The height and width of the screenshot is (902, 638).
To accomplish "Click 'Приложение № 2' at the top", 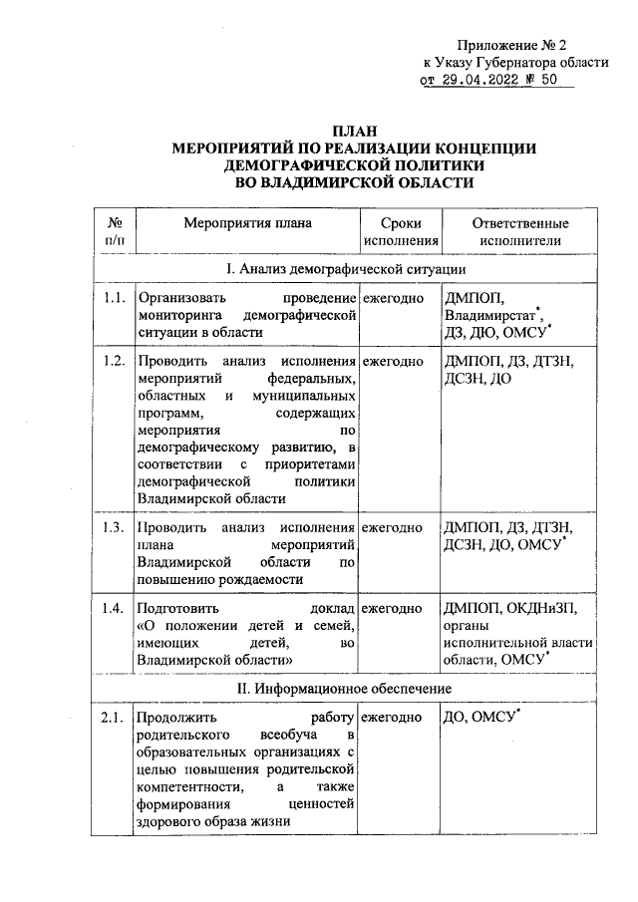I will point(511,45).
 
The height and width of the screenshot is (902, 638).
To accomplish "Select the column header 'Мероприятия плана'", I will point(247,223).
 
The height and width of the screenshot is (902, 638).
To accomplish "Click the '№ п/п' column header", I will point(115,231).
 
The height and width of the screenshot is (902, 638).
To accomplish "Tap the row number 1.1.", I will point(114,298).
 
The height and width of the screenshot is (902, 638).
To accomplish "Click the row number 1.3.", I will point(114,527).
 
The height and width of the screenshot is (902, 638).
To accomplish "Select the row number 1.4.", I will point(114,607).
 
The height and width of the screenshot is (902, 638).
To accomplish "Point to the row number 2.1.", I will point(114,717).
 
